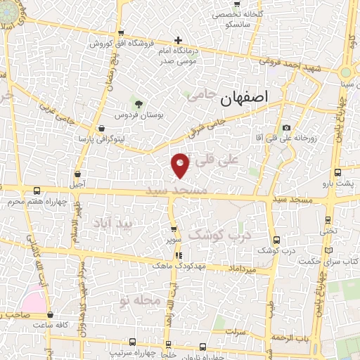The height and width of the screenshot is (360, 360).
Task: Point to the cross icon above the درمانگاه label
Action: point(179,40)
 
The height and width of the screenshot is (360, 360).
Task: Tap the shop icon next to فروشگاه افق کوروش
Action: point(122,33)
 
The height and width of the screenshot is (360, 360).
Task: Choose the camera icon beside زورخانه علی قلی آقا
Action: point(286,127)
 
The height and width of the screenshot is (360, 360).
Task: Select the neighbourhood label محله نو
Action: point(141,300)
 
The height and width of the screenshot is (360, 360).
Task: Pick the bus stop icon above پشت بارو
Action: point(338,172)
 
